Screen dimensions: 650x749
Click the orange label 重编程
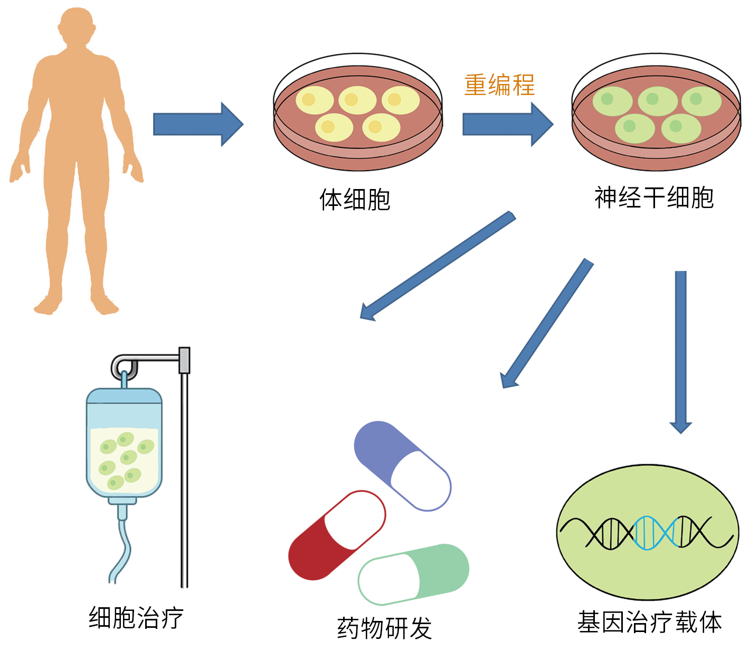click(x=499, y=85)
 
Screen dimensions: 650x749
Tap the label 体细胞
click(x=355, y=200)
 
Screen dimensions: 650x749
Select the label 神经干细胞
click(x=653, y=198)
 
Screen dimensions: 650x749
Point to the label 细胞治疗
click(x=136, y=617)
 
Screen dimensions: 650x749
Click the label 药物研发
click(x=384, y=628)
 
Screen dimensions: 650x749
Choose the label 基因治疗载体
click(x=649, y=622)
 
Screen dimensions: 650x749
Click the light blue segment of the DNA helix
click(x=655, y=533)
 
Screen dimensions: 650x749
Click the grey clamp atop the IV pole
click(x=184, y=360)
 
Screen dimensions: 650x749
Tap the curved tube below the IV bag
click(x=122, y=549)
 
